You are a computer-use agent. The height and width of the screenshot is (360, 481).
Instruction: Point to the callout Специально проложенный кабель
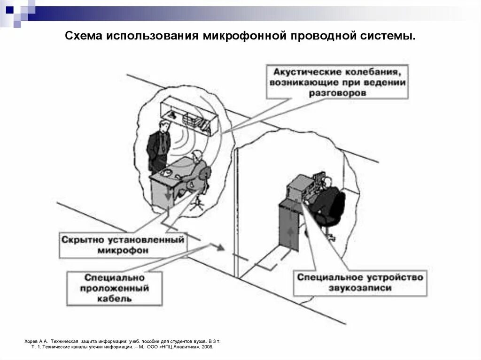pyautogui.click(x=115, y=287)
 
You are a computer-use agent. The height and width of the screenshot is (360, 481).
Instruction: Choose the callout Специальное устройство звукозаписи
pyautogui.click(x=360, y=282)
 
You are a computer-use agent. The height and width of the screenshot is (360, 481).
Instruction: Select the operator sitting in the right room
pyautogui.click(x=329, y=202)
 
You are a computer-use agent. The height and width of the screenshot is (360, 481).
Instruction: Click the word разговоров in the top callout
pyautogui.click(x=337, y=93)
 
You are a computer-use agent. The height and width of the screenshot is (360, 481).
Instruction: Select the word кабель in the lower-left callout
pyautogui.click(x=115, y=298)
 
